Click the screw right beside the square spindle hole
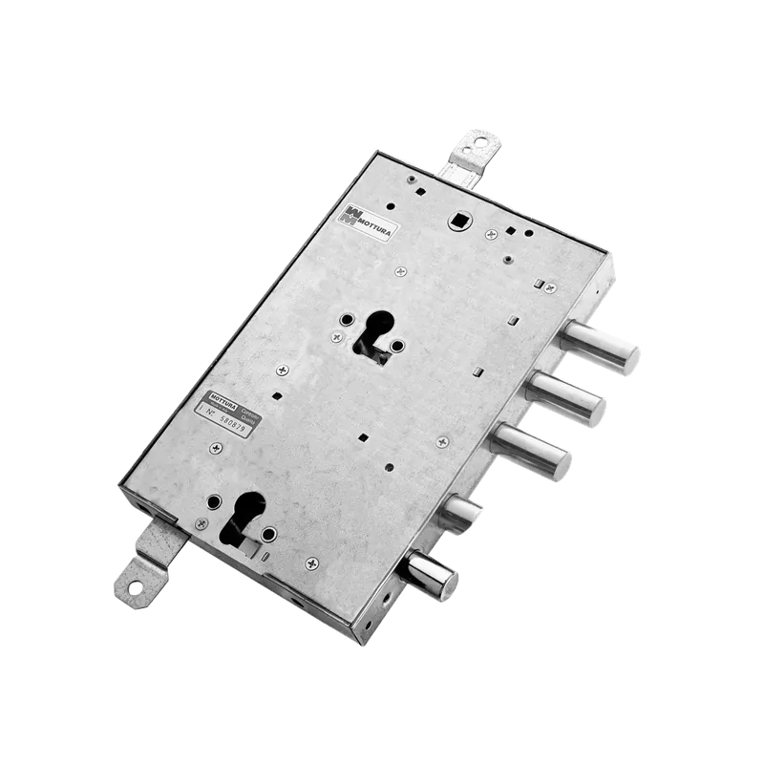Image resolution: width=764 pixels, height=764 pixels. point(490,233)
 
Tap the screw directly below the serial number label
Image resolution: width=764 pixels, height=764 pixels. point(218,447)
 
